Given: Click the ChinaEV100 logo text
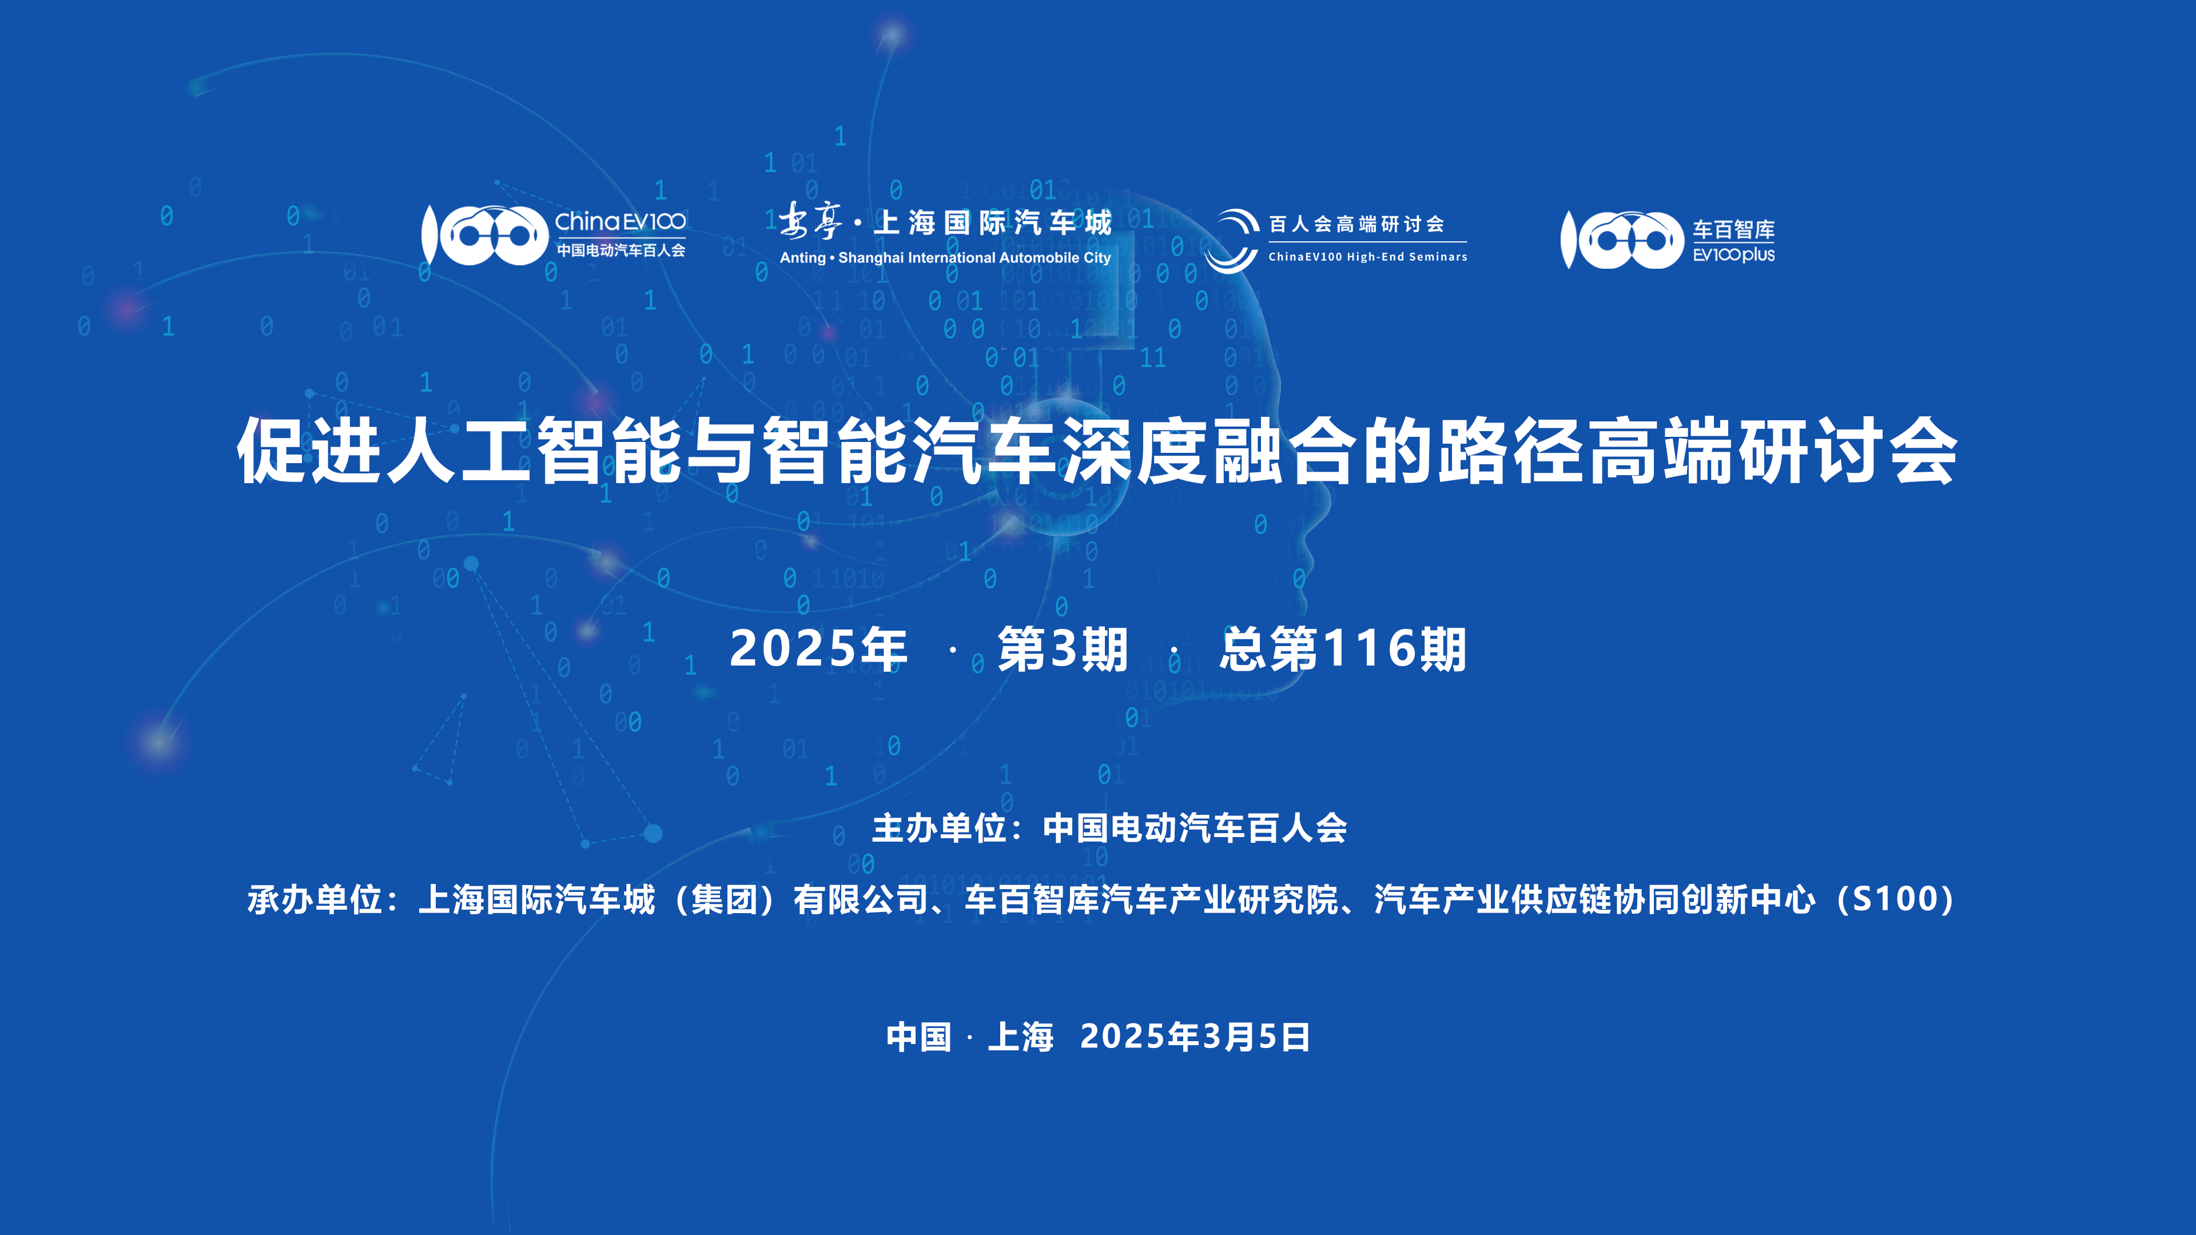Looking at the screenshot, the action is (x=620, y=222).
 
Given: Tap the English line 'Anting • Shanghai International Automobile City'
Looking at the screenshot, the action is (x=945, y=257).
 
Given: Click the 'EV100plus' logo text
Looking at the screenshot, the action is (x=1734, y=255).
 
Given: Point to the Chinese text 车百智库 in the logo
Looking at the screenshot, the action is (x=1734, y=229).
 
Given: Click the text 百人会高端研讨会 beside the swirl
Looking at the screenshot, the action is (x=1357, y=224).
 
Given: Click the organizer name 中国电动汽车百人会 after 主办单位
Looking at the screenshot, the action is (x=1195, y=828).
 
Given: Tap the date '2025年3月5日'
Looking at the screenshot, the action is (x=1195, y=1037).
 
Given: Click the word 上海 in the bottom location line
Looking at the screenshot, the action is (x=1020, y=1037).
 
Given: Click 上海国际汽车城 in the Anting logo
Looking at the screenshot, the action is (x=993, y=224).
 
